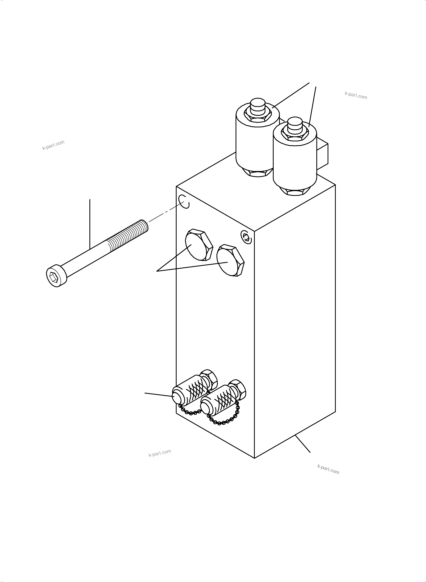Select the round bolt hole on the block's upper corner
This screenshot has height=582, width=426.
pos(184,201)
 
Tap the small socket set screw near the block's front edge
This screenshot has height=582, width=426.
pos(246,236)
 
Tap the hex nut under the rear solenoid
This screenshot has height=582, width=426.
pos(258,173)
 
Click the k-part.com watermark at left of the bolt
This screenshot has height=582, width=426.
pos(53,145)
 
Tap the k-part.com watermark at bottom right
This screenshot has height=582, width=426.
pos(328,469)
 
